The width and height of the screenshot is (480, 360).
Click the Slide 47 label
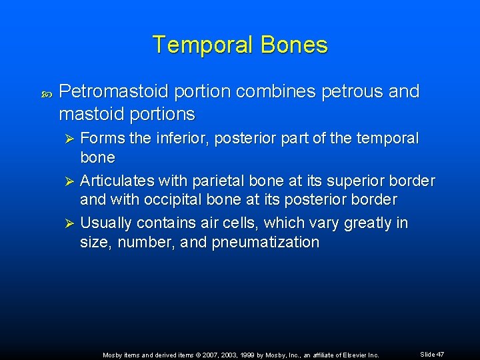pos(432,354)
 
